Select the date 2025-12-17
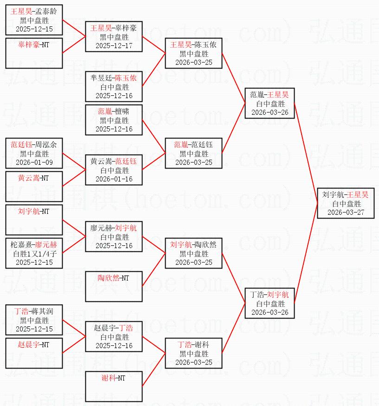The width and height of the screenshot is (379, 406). pos(114,46)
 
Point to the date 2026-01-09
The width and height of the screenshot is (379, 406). pos(34,162)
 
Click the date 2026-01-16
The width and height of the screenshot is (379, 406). pos(114,179)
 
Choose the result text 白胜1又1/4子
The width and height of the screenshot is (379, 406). pos(34,254)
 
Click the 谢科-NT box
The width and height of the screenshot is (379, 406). pos(114,386)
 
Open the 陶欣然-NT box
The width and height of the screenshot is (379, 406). pos(114,286)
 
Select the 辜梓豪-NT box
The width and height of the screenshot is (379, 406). pos(34,53)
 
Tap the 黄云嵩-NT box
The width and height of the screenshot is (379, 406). pos(34,186)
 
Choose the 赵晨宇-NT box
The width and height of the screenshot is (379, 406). pos(34,353)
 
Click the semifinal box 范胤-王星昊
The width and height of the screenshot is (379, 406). pos(270,103)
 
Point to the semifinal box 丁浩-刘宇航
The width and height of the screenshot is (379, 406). pos(270,303)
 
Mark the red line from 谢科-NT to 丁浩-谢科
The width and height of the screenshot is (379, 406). pos(154,369)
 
